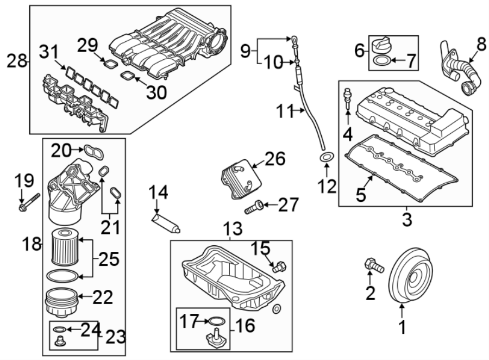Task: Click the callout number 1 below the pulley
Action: pos(402,328)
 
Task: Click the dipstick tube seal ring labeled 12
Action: pos(327,158)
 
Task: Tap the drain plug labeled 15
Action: pos(279,266)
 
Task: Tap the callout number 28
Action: pos(17,61)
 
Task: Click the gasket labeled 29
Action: pos(111,64)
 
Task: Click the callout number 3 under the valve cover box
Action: pos(407,220)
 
